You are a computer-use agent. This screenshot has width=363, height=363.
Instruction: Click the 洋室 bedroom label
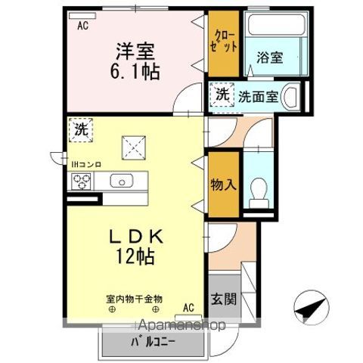[x=135, y=51]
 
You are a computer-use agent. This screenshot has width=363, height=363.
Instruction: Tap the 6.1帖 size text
[x=135, y=72]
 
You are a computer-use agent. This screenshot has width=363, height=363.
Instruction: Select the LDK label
[x=136, y=237]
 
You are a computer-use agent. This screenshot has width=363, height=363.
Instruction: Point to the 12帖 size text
[x=135, y=256]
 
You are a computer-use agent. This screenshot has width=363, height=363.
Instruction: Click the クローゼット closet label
[x=224, y=42]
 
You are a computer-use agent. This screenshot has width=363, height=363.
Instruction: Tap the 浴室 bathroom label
[x=270, y=57]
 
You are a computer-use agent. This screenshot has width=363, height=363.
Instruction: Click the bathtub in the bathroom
[x=277, y=24]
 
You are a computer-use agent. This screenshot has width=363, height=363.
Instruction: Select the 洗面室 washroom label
[x=259, y=97]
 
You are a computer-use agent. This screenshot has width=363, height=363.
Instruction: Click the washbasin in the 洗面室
[x=291, y=98]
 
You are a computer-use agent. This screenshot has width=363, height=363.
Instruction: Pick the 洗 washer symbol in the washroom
[x=222, y=95]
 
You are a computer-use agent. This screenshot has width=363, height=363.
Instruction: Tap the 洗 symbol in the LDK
[x=81, y=130]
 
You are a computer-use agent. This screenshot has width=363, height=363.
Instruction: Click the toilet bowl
[x=259, y=194]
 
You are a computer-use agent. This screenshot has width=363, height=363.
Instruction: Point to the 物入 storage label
[x=224, y=185]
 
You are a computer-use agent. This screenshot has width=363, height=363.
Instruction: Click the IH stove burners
[x=81, y=181]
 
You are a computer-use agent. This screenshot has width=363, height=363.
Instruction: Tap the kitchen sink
[x=122, y=181]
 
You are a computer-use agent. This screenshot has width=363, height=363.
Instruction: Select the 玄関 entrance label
[x=224, y=299]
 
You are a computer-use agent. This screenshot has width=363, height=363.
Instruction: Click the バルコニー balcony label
[x=153, y=343]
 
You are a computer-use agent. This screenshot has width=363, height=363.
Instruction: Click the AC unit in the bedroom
[x=82, y=16]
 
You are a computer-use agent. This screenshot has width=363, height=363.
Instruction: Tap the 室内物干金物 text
[x=134, y=299]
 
